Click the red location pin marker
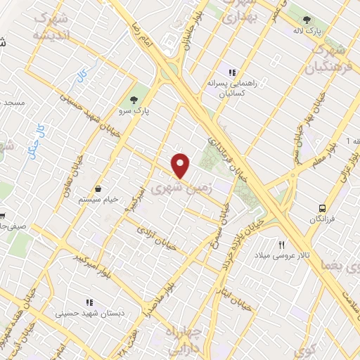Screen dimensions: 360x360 click(x=181, y=165)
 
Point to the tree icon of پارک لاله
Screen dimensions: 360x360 click(x=306, y=20)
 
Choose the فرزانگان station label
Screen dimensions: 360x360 click(x=322, y=220)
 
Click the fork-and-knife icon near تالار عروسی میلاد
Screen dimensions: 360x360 click(x=282, y=245)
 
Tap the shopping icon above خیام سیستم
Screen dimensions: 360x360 click(x=98, y=188)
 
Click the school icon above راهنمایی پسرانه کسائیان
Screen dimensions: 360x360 click(x=230, y=71)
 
